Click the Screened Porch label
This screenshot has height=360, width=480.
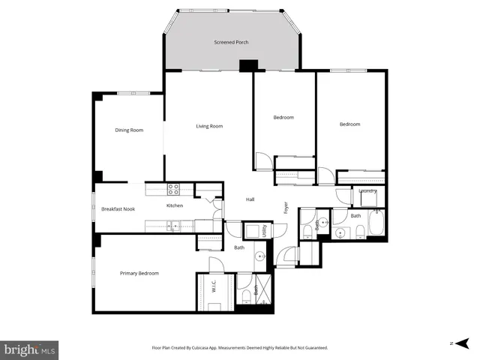point(231,43)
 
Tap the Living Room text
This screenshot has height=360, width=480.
point(209,126)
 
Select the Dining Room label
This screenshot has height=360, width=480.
point(128,130)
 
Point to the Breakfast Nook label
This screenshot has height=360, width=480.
point(118,208)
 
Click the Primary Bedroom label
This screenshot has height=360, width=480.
point(139,273)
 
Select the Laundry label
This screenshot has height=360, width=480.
point(367,190)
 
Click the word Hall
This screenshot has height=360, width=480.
point(251,199)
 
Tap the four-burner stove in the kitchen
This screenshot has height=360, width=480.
point(174,190)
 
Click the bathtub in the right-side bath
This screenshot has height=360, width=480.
point(376,223)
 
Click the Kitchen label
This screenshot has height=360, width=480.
point(175,205)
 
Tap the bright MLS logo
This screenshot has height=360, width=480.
point(30,349)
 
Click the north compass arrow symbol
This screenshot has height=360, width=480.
point(458,343)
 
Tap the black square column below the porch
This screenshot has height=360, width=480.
point(246,67)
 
